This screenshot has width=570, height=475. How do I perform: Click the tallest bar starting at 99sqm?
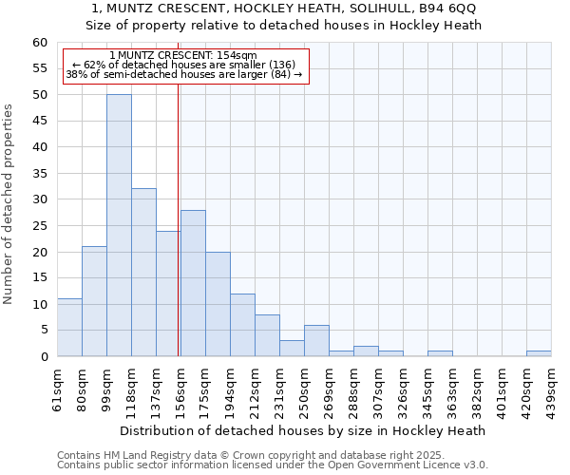pos(119,225)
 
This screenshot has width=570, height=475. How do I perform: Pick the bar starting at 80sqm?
pos(94,301)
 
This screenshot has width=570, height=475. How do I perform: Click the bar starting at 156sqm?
pos(193,283)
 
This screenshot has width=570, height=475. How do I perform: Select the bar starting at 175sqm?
pos(218,304)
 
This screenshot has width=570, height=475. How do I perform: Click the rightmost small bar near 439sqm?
pos(539,353)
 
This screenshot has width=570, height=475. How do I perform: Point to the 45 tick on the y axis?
pos(40,121)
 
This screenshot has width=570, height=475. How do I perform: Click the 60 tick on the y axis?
pos(40,43)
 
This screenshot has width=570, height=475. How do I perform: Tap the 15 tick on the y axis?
pos(40,278)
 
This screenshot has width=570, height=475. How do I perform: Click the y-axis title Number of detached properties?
pos(9,204)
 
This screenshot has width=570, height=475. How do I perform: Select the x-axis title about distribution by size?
pos(304,430)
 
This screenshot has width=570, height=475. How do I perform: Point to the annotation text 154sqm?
pos(236,56)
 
